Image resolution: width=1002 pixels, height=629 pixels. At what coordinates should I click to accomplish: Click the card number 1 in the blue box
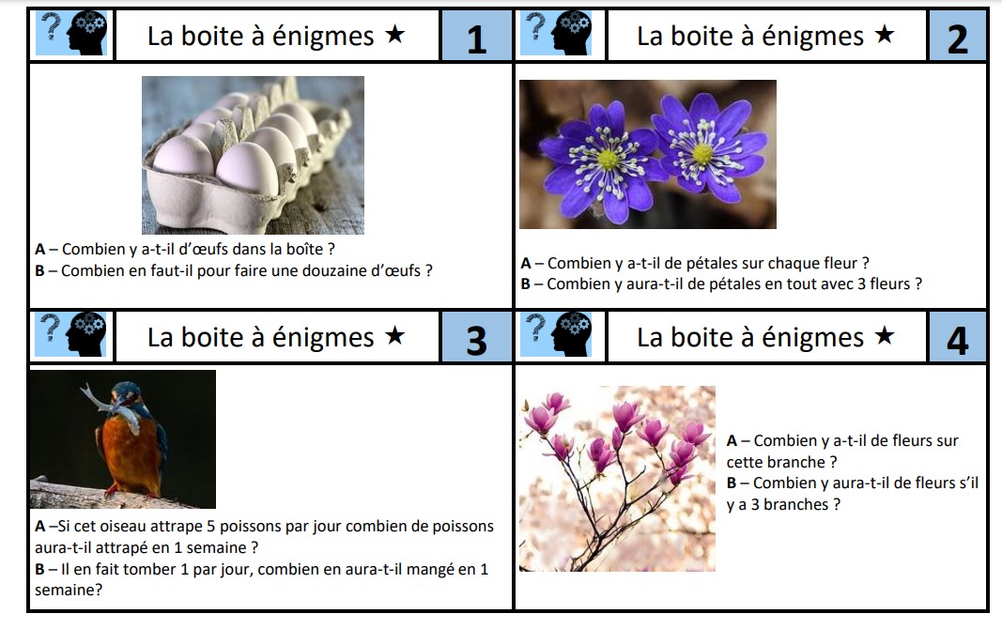[476, 38]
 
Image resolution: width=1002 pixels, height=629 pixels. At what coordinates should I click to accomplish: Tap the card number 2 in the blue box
[957, 38]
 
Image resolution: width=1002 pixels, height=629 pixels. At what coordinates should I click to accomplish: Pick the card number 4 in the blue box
[957, 340]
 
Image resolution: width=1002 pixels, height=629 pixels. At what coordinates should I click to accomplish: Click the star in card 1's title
[395, 36]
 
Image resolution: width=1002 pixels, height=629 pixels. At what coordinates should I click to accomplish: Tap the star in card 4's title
[885, 337]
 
